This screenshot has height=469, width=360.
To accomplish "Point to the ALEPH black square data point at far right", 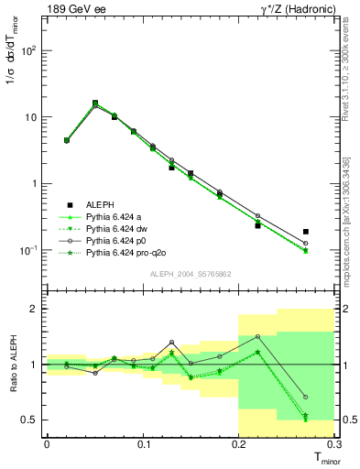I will tap(306, 232).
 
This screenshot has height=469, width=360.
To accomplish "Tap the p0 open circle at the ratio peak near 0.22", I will tap(257, 337).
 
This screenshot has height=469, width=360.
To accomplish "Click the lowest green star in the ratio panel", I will tap(306, 420).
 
